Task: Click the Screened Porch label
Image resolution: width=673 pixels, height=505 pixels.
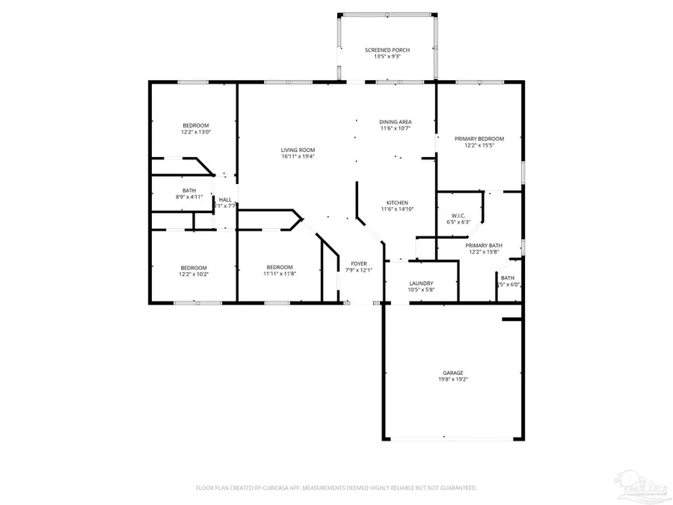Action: tap(387, 50)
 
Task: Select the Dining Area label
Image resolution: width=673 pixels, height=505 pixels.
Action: tap(395, 122)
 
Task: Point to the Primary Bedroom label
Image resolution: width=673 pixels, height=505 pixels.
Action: tap(479, 138)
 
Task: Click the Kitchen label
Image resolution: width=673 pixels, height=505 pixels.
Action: tap(396, 203)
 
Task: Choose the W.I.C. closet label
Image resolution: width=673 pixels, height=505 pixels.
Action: tap(458, 215)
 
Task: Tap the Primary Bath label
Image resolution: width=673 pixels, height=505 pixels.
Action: tap(484, 245)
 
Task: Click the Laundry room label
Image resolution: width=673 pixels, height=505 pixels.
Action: tap(421, 283)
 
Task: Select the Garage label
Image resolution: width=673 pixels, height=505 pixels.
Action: tap(452, 373)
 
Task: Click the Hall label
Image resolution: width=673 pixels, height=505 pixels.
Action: tap(224, 200)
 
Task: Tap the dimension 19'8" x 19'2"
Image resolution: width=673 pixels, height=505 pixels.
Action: tap(452, 379)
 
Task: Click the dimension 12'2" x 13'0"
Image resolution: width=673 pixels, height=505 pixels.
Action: tap(195, 132)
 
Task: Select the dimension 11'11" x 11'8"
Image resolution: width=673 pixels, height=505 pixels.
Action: tap(279, 274)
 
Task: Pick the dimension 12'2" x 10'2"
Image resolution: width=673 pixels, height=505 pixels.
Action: tap(193, 274)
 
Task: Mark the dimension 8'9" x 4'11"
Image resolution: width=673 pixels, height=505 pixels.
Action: tap(189, 197)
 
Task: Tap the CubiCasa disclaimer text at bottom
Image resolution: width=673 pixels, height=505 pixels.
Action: tap(336, 488)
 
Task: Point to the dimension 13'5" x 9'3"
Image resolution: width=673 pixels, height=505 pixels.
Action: tap(387, 57)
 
